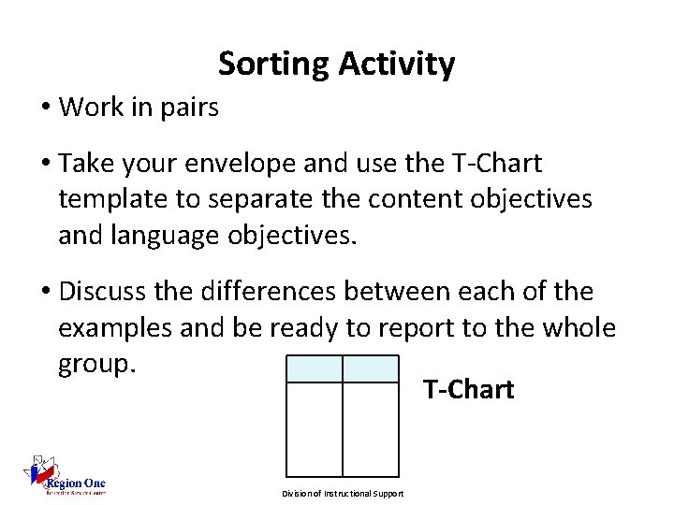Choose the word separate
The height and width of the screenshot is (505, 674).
[252, 199]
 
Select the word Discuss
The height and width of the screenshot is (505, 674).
[105, 292]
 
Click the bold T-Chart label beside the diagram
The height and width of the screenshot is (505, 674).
[468, 390]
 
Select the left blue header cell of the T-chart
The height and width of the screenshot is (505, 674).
[314, 368]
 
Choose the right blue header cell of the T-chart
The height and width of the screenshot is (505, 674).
[371, 368]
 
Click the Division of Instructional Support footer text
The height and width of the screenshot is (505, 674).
[343, 494]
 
